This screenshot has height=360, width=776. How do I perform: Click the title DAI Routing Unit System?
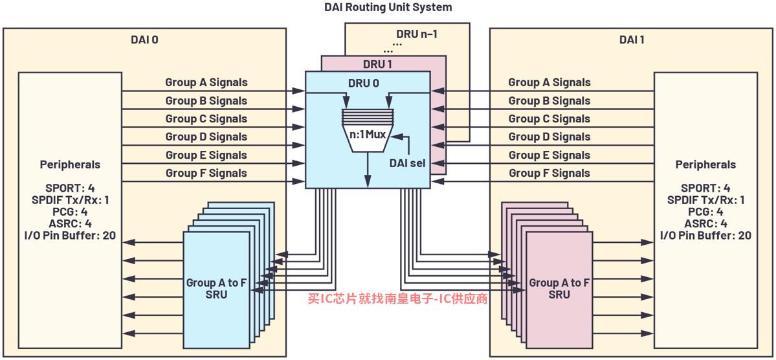(x=388, y=7)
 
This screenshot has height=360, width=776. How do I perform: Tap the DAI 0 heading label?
(x=144, y=39)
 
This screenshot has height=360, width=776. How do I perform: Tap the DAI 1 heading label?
(x=632, y=39)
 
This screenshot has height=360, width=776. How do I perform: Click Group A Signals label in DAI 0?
(x=206, y=82)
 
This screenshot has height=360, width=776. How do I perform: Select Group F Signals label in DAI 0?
(x=206, y=173)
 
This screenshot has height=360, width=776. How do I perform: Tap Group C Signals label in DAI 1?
(x=549, y=119)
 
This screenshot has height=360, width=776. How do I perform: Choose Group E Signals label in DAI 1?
(x=549, y=155)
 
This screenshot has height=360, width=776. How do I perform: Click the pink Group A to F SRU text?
(x=559, y=288)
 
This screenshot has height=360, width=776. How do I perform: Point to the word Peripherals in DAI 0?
(x=70, y=164)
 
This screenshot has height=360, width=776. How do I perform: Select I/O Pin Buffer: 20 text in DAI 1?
(x=705, y=235)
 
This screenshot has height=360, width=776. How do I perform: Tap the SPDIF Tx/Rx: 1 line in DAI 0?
(x=70, y=200)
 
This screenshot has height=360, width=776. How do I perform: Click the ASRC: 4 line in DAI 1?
(x=705, y=223)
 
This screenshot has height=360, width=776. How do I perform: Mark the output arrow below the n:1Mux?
(x=367, y=170)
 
